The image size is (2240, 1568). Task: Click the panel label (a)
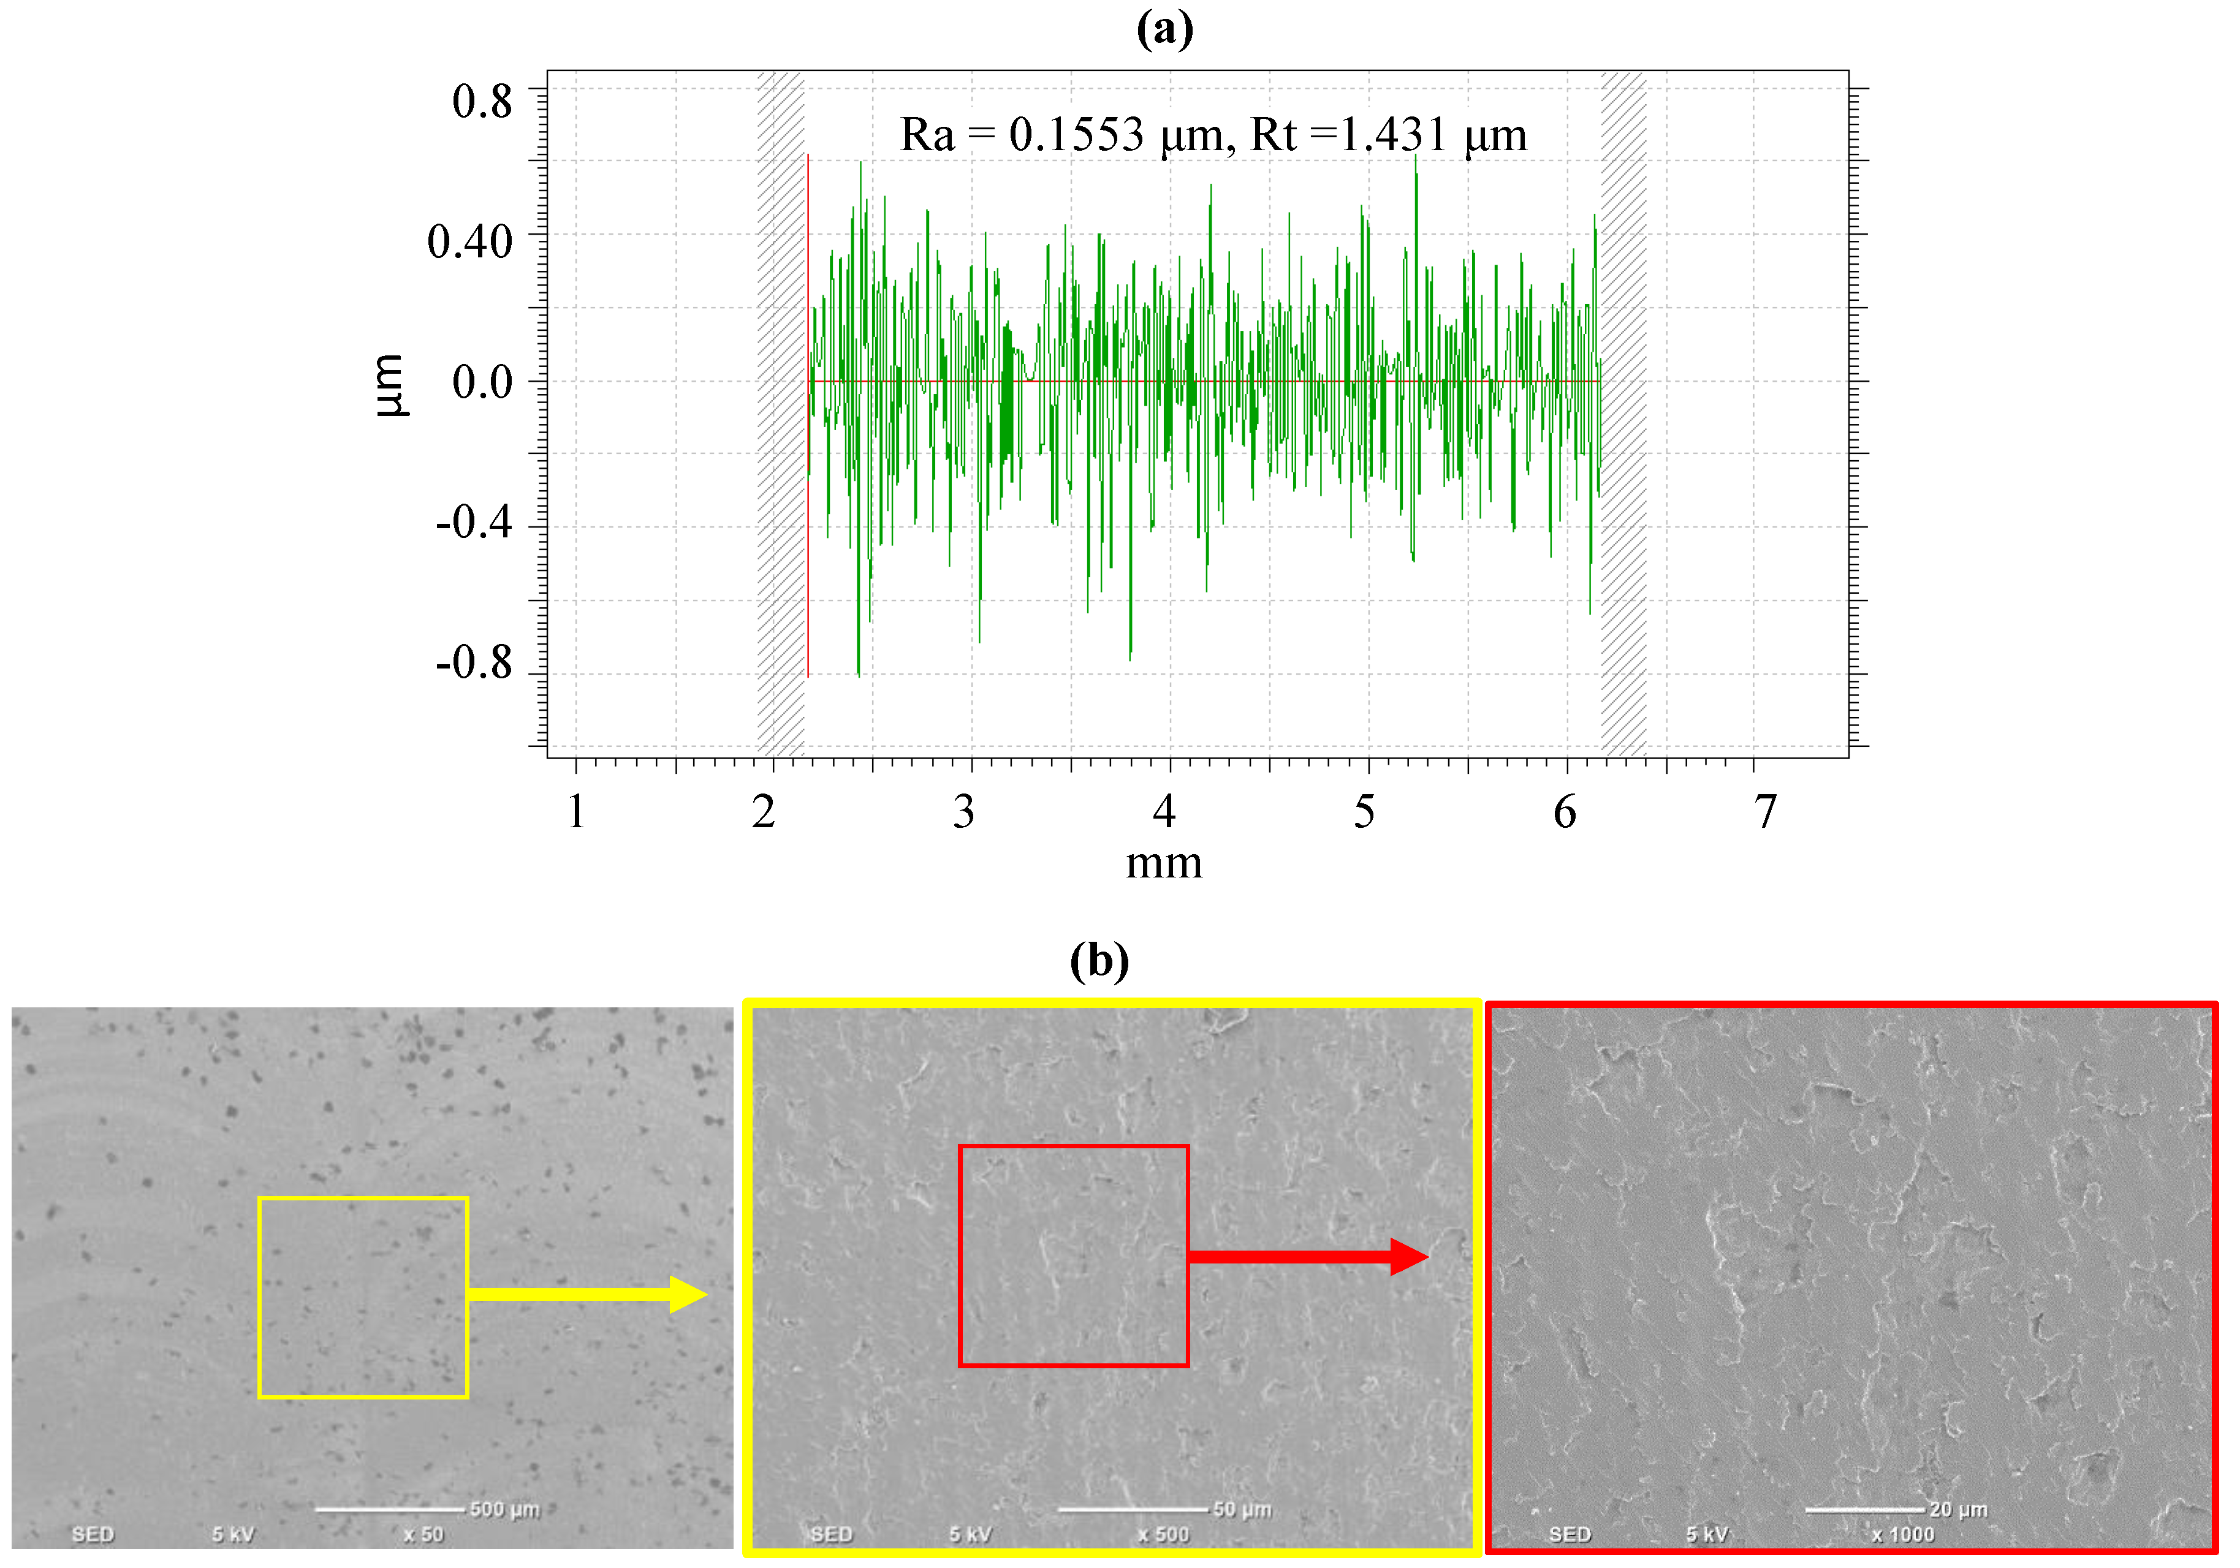(x=1164, y=29)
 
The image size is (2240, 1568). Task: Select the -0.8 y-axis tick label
(x=474, y=663)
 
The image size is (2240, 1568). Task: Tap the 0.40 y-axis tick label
(x=469, y=241)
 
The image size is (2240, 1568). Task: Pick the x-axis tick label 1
(x=577, y=811)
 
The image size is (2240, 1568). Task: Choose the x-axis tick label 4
(x=1164, y=811)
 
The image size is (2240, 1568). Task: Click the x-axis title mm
(x=1164, y=863)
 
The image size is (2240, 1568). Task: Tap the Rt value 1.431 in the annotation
(x=1393, y=135)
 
